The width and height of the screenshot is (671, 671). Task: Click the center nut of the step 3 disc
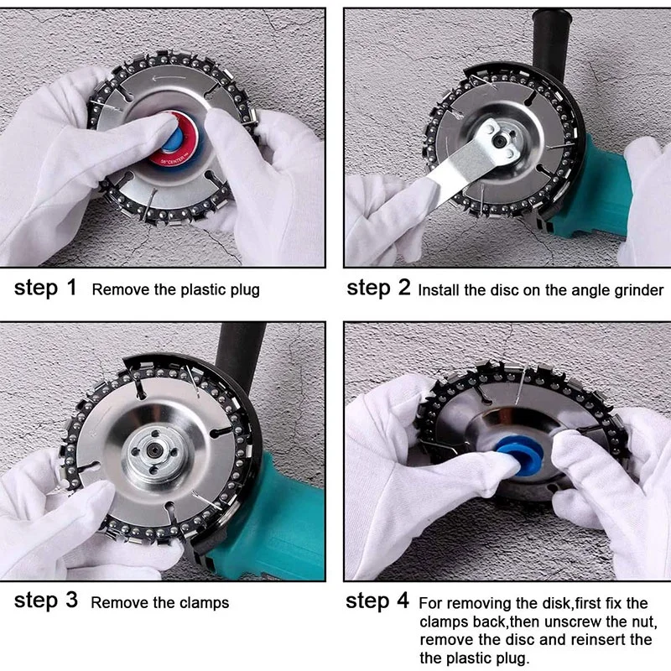pos(147,458)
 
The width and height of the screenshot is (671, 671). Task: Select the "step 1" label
pos(45,289)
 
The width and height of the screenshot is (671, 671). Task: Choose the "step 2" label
pos(378,289)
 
